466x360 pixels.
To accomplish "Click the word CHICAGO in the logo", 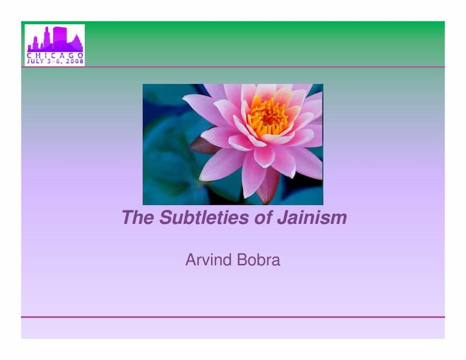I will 55,55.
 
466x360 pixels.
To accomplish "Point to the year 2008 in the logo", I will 73,61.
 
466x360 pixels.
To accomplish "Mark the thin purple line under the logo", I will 233,67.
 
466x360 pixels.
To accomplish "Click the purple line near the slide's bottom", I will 233,317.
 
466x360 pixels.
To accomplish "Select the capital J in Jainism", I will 281,217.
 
